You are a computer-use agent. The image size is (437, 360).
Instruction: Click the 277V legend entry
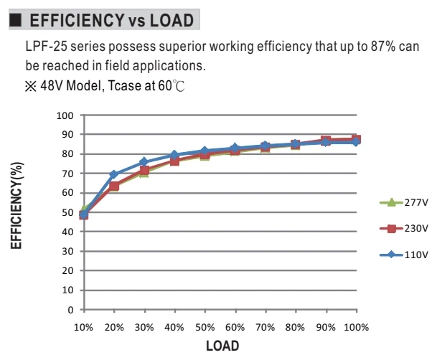point(403,202)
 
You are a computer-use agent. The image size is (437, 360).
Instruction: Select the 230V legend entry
point(403,229)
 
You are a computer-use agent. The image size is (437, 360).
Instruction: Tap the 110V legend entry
point(403,255)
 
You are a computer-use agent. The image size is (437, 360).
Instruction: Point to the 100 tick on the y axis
point(65,115)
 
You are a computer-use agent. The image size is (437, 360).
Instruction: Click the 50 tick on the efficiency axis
point(67,213)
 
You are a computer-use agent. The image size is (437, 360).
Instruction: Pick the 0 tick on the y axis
point(70,310)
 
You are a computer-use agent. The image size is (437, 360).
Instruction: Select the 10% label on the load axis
point(83,328)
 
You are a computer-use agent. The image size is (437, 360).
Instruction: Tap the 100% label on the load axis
point(357,328)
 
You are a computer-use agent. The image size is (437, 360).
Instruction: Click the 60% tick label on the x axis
point(235,328)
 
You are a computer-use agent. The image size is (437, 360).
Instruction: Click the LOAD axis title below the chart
point(222,346)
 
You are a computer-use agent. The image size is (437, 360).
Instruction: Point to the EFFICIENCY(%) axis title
point(17,206)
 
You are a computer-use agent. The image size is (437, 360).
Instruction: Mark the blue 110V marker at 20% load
point(114,174)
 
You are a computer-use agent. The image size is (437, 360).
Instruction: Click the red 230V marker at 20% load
point(114,186)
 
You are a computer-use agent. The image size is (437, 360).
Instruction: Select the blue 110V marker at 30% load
point(144,162)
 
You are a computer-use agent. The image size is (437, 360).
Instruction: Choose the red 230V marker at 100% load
point(357,139)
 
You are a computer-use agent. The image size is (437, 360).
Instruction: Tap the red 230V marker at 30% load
point(144,171)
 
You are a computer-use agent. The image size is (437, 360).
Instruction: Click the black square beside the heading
point(15,20)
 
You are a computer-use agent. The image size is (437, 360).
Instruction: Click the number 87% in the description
point(383,47)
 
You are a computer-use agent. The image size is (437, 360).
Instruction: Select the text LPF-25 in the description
point(46,47)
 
